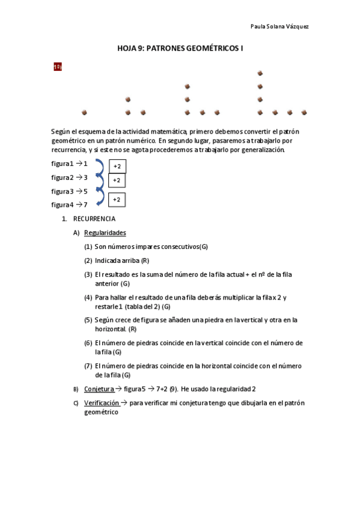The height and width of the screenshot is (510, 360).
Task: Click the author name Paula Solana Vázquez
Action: pos(279,26)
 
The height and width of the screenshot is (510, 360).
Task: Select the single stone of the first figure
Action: pos(84,112)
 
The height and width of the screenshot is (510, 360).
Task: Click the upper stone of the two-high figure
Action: pos(127,99)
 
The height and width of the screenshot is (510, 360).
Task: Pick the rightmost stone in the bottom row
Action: pos(304,112)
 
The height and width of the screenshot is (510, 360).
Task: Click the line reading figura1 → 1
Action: pos(70,164)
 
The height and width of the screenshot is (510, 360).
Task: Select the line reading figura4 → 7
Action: pos(70,204)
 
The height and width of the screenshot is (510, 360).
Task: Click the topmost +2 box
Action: pos(117,166)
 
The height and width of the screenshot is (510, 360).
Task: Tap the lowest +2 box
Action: pos(117,200)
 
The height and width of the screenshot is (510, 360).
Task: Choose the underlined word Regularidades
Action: pos(105,233)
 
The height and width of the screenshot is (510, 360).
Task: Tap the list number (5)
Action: pos(88,320)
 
